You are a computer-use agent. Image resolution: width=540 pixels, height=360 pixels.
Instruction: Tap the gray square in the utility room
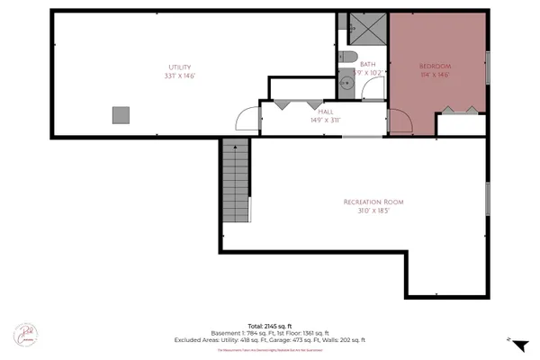(121, 114)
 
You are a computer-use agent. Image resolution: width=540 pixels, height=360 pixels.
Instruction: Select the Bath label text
(367, 64)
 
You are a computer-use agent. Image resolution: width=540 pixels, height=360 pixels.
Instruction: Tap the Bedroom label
(436, 67)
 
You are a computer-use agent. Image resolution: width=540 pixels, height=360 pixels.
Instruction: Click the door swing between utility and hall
(246, 119)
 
